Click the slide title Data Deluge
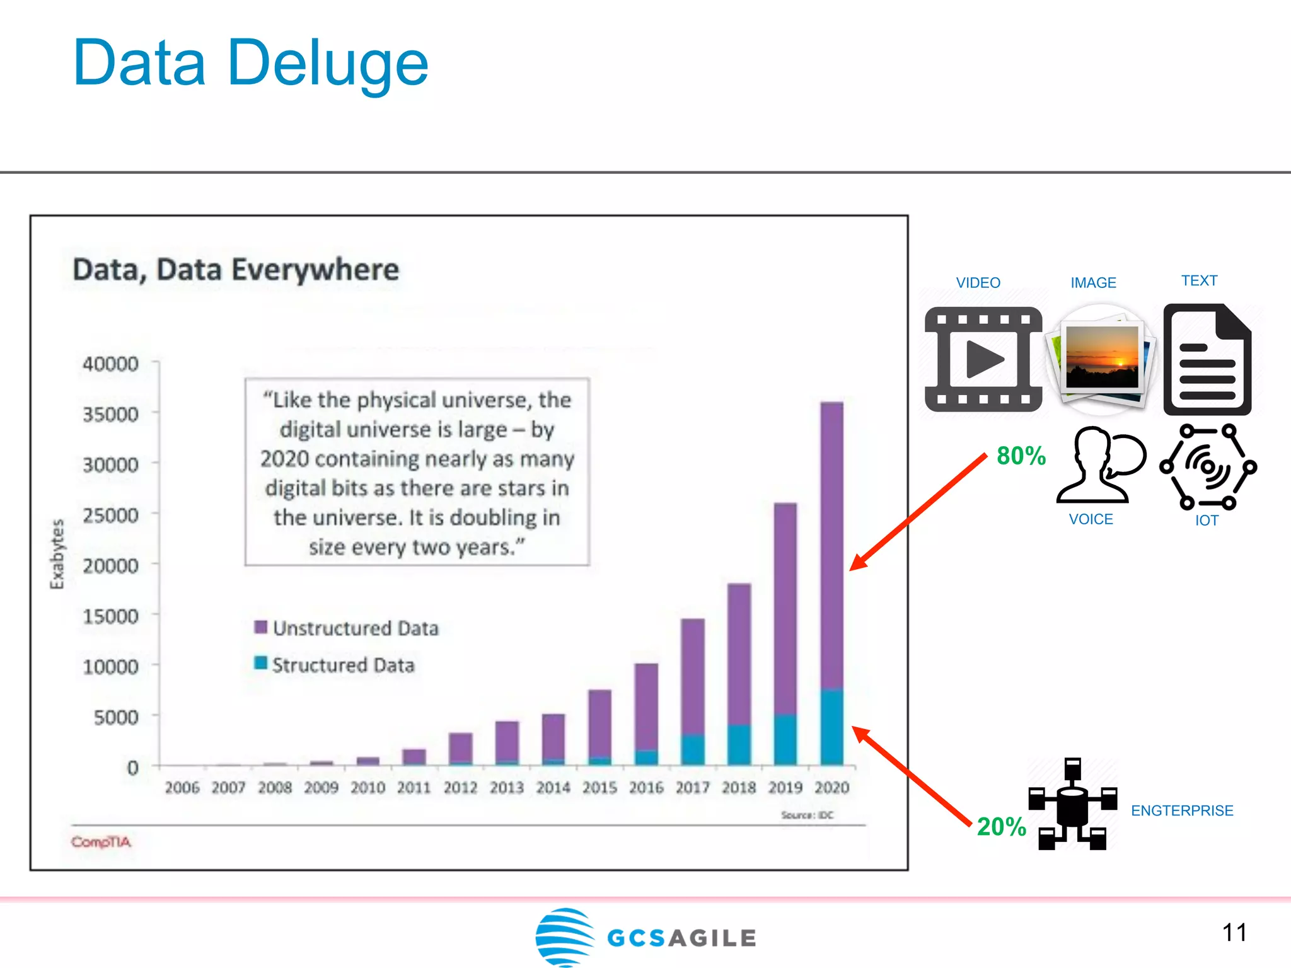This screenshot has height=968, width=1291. tap(250, 63)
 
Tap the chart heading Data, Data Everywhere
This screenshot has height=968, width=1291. tap(236, 270)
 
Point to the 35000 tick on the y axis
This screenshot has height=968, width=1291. tap(110, 415)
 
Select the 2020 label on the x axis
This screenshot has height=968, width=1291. tap(831, 788)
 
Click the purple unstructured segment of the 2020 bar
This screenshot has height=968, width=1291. tap(831, 542)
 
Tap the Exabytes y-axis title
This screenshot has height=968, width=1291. tap(57, 554)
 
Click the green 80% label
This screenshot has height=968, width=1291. tap(1021, 456)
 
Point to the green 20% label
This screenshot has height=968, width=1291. tap(1001, 826)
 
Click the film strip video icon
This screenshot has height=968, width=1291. tap(983, 359)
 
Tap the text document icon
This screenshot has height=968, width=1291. tap(1207, 359)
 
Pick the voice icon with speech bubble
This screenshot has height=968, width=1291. tap(1100, 465)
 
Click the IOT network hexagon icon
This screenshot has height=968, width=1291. tap(1207, 466)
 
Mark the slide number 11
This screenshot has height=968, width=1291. tap(1234, 933)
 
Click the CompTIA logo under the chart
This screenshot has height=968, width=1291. tap(101, 842)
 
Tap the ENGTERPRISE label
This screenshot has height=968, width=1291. tap(1182, 810)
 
